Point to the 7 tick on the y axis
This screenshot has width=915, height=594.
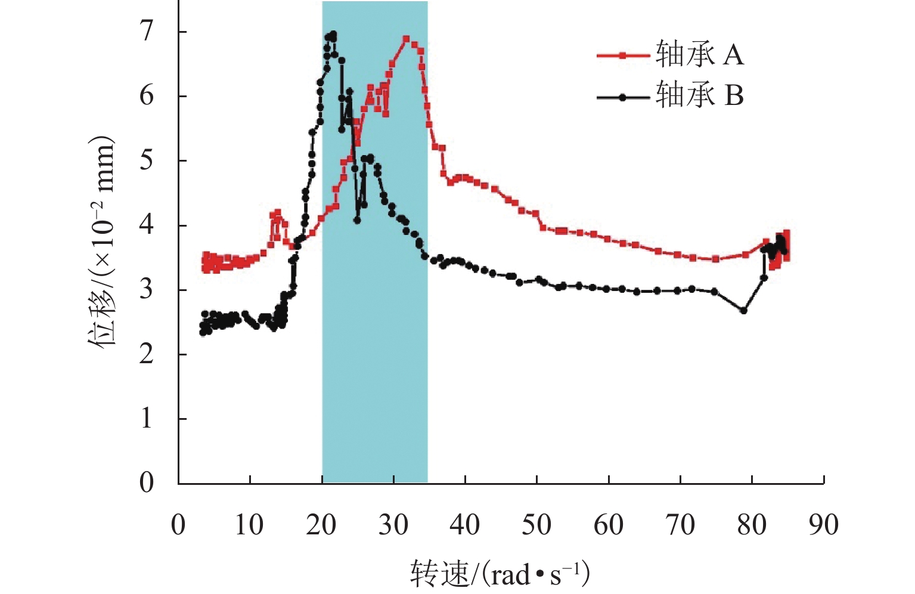click(x=147, y=32)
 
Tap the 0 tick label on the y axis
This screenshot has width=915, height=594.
click(x=147, y=482)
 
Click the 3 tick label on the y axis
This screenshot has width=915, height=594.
click(x=147, y=290)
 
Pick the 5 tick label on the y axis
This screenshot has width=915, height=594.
click(x=147, y=160)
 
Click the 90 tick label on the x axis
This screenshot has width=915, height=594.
click(x=823, y=525)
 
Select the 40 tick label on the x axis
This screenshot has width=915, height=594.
click(x=464, y=525)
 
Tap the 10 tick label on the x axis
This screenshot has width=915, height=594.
click(x=249, y=525)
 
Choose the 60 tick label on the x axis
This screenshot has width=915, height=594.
click(x=608, y=525)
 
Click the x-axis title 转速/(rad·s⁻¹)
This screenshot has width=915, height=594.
click(x=500, y=574)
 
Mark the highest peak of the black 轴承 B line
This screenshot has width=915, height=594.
click(x=333, y=35)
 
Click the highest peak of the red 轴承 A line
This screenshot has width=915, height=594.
click(x=407, y=39)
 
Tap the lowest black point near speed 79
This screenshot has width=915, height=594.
click(x=743, y=311)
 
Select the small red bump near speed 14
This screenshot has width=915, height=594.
click(x=277, y=213)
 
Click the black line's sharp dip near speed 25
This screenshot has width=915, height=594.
click(x=357, y=220)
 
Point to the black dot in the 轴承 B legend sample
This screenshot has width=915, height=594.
click(x=622, y=97)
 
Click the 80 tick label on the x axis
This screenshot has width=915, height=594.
click(x=752, y=525)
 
